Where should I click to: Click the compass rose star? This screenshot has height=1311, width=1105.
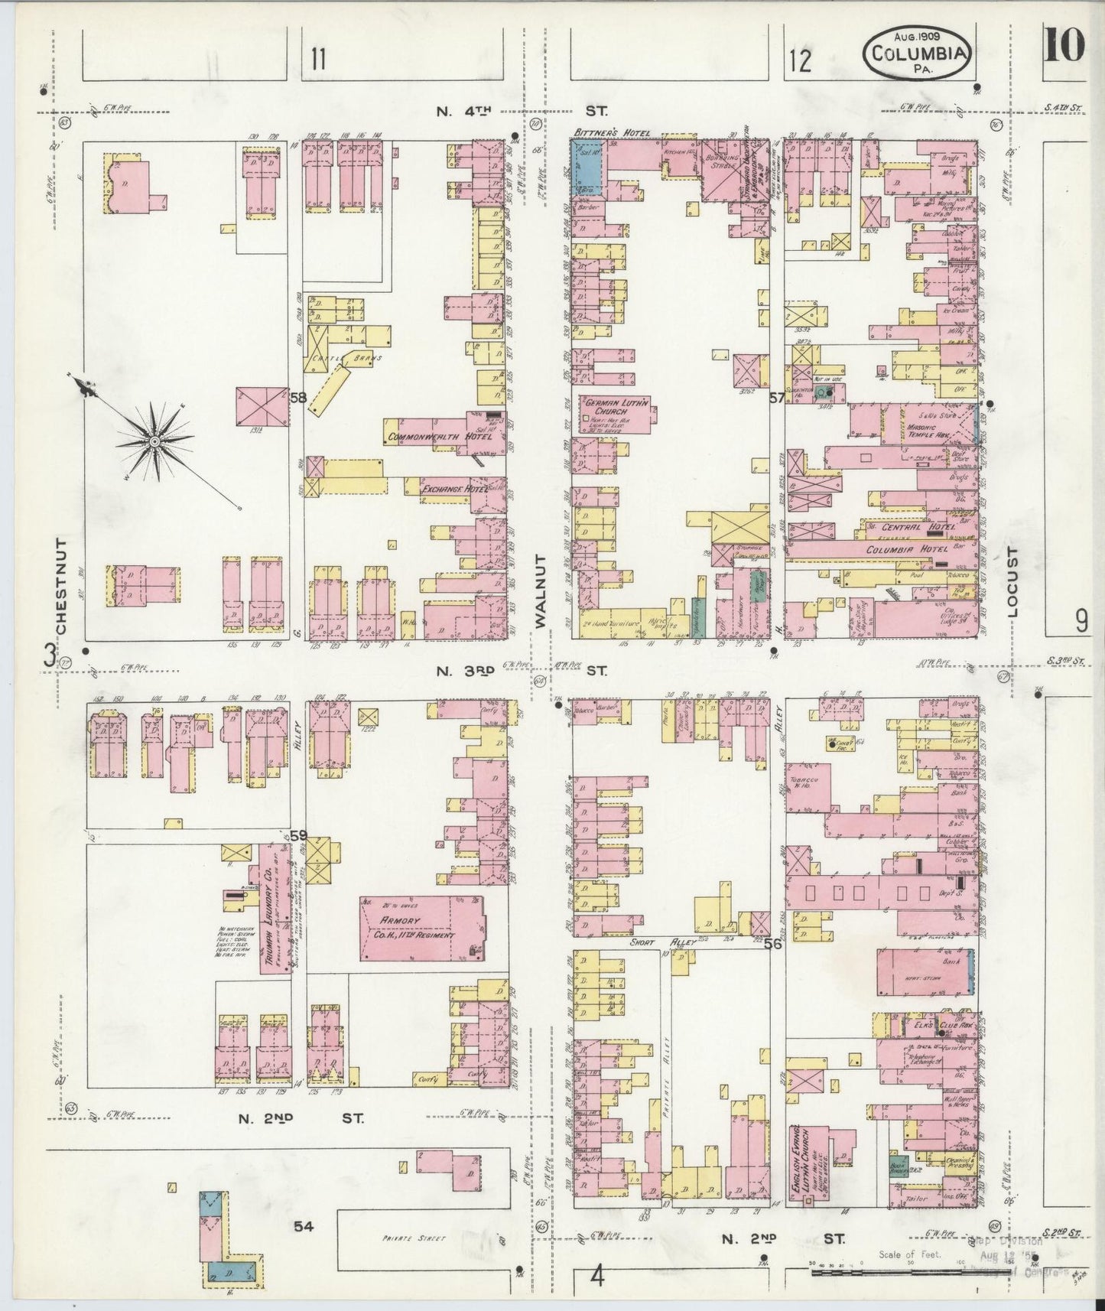click(x=154, y=441)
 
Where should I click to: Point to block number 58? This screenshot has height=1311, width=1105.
click(x=297, y=397)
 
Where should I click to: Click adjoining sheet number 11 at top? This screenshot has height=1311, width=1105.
click(x=318, y=59)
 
